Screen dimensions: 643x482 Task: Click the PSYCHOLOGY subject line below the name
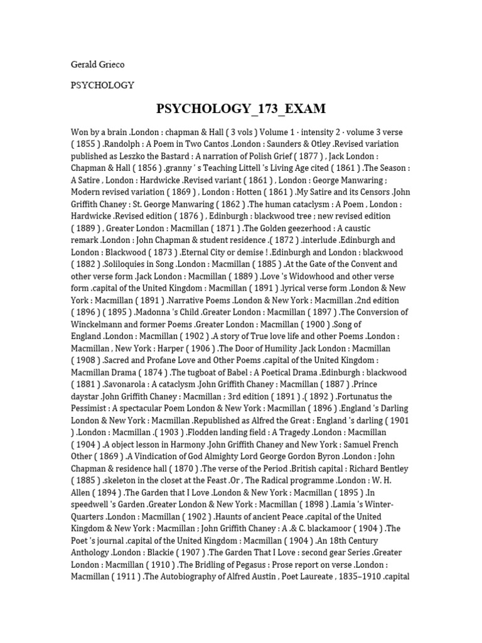102,85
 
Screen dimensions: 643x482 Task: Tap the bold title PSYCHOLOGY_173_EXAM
241,109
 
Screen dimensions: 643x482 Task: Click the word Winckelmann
99,325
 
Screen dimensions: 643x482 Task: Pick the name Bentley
391,468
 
